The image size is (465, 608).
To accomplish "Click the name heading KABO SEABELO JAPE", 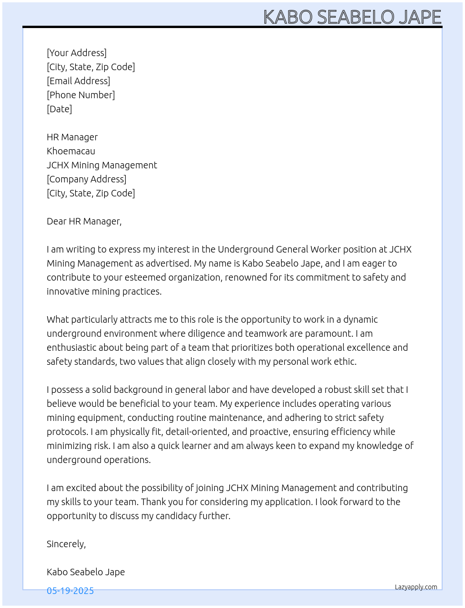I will [352, 17].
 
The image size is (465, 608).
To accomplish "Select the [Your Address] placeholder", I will [77, 53].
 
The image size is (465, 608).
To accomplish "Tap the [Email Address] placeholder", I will [78, 81].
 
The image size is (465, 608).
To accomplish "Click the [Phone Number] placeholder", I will [81, 95].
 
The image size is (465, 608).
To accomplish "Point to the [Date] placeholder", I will [59, 109].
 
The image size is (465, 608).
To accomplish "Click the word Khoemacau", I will [71, 151].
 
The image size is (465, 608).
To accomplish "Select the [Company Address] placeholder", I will [86, 179].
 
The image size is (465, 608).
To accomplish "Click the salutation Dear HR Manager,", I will [84, 221].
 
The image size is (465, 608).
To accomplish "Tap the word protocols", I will [67, 432].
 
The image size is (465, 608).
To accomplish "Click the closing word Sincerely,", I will [66, 544].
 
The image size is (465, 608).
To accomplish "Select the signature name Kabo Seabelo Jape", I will [86, 572].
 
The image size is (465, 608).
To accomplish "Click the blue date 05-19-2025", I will [70, 591].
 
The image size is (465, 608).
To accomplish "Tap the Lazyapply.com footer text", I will [416, 587].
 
